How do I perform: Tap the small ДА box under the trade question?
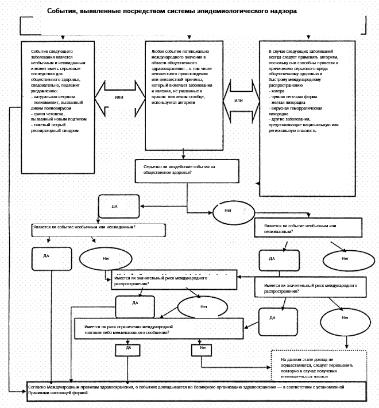click(x=128, y=348)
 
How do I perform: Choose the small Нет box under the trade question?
click(x=203, y=348)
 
